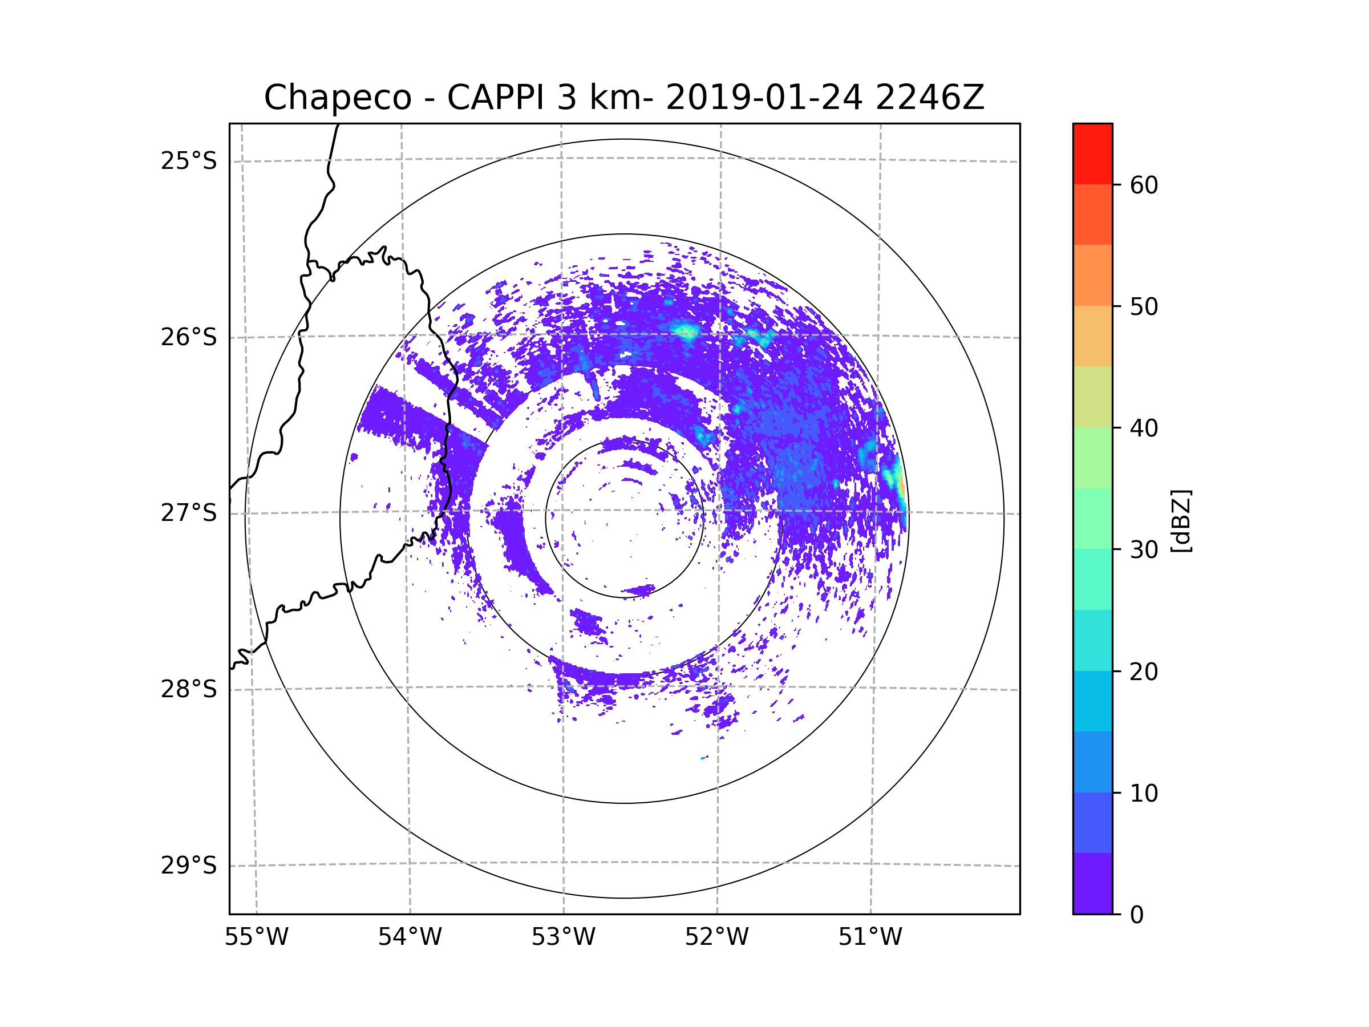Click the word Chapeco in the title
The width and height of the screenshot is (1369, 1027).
[x=337, y=98]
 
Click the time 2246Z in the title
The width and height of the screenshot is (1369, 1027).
[x=930, y=98]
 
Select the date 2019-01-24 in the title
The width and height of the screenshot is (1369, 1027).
[x=764, y=98]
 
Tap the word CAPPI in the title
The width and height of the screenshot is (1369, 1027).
[x=497, y=98]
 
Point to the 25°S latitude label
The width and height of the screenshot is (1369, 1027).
[x=189, y=161]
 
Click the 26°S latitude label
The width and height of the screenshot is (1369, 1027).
[x=189, y=337]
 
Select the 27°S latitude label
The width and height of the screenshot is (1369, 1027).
[x=189, y=513]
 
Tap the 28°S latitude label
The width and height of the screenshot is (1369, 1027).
[x=189, y=689]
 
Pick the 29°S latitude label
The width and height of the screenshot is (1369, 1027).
[x=189, y=866]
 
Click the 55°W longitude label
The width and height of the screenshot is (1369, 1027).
[x=256, y=937]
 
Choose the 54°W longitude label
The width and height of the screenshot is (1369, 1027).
[x=410, y=937]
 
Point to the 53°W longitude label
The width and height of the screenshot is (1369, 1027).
[x=563, y=937]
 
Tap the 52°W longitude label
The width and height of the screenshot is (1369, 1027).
[x=716, y=937]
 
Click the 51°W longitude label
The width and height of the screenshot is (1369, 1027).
[x=870, y=937]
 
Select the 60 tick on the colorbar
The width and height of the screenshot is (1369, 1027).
[x=1144, y=185]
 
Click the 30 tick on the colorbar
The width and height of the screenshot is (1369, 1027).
[x=1144, y=549]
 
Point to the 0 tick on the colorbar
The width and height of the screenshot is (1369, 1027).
[x=1137, y=915]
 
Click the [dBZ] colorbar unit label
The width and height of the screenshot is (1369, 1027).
[x=1181, y=520]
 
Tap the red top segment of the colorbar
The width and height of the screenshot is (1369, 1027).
[x=1092, y=153]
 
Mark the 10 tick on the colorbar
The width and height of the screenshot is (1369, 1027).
[x=1144, y=793]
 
